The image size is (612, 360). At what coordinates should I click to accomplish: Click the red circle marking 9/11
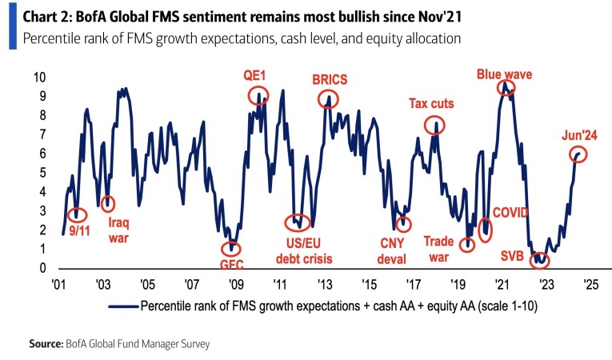pyautogui.click(x=76, y=214)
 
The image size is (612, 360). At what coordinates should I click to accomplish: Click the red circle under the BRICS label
pyautogui.click(x=328, y=99)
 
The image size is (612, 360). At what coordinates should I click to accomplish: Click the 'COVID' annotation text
pyautogui.click(x=511, y=212)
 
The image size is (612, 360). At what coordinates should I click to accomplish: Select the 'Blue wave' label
pyautogui.click(x=505, y=74)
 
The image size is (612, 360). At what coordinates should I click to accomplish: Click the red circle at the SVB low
pyautogui.click(x=542, y=259)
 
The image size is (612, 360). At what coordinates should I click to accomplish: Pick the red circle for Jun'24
pyautogui.click(x=578, y=154)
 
